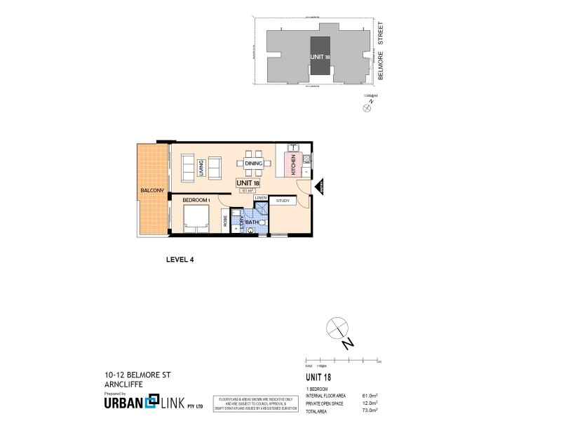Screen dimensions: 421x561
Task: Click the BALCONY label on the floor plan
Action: point(152,191)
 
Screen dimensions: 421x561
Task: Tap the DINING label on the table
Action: point(254,163)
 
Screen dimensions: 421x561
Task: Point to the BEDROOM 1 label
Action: point(196,201)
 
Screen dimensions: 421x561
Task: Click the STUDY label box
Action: point(283,201)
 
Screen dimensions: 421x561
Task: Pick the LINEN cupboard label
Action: point(261,199)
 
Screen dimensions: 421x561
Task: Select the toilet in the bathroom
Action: point(250,227)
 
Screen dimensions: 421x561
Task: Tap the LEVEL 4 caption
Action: point(179,259)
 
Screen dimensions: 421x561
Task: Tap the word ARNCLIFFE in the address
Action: point(116,384)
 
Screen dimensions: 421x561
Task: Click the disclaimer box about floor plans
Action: point(255,404)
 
